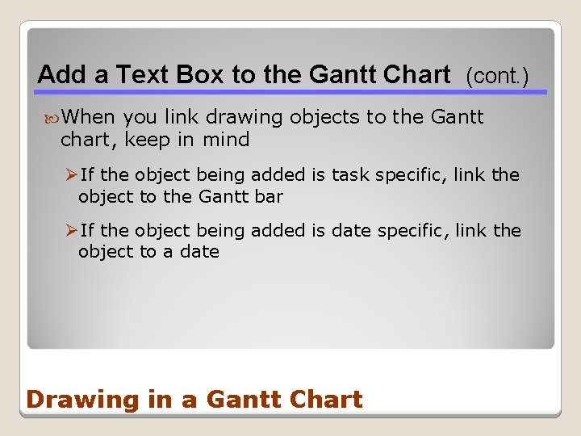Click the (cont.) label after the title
click(x=497, y=77)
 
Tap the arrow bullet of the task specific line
click(x=71, y=174)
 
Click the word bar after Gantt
click(x=268, y=195)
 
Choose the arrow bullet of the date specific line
click(x=71, y=231)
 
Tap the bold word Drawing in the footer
click(x=72, y=400)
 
